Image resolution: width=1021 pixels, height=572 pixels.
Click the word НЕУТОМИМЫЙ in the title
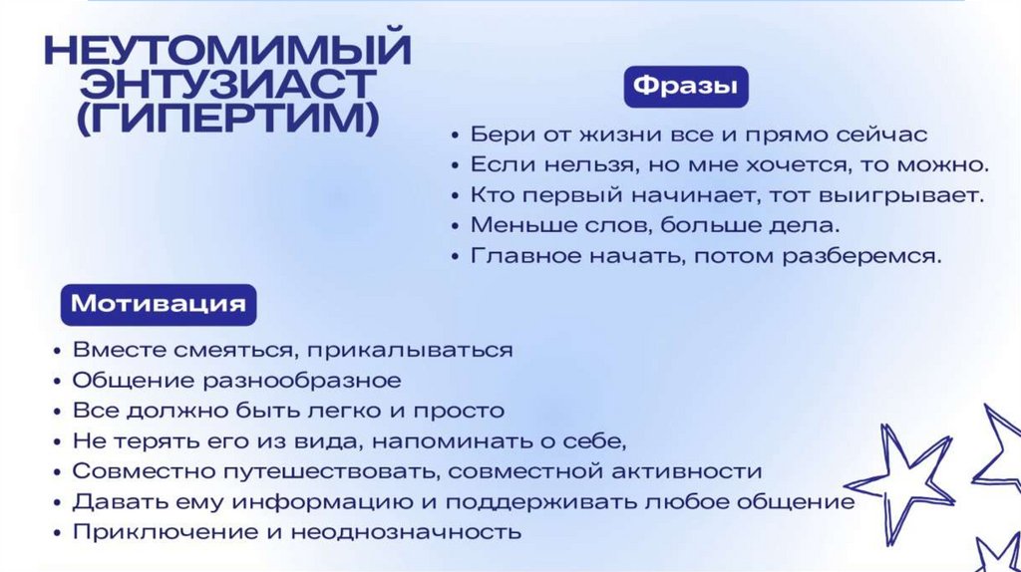coord(228,49)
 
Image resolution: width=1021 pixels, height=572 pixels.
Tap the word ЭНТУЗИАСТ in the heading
coord(212,84)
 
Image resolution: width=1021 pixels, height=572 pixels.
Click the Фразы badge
coord(685,87)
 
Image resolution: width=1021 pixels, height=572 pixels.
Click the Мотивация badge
coord(159,303)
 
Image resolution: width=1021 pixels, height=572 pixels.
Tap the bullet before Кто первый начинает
coord(455,195)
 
